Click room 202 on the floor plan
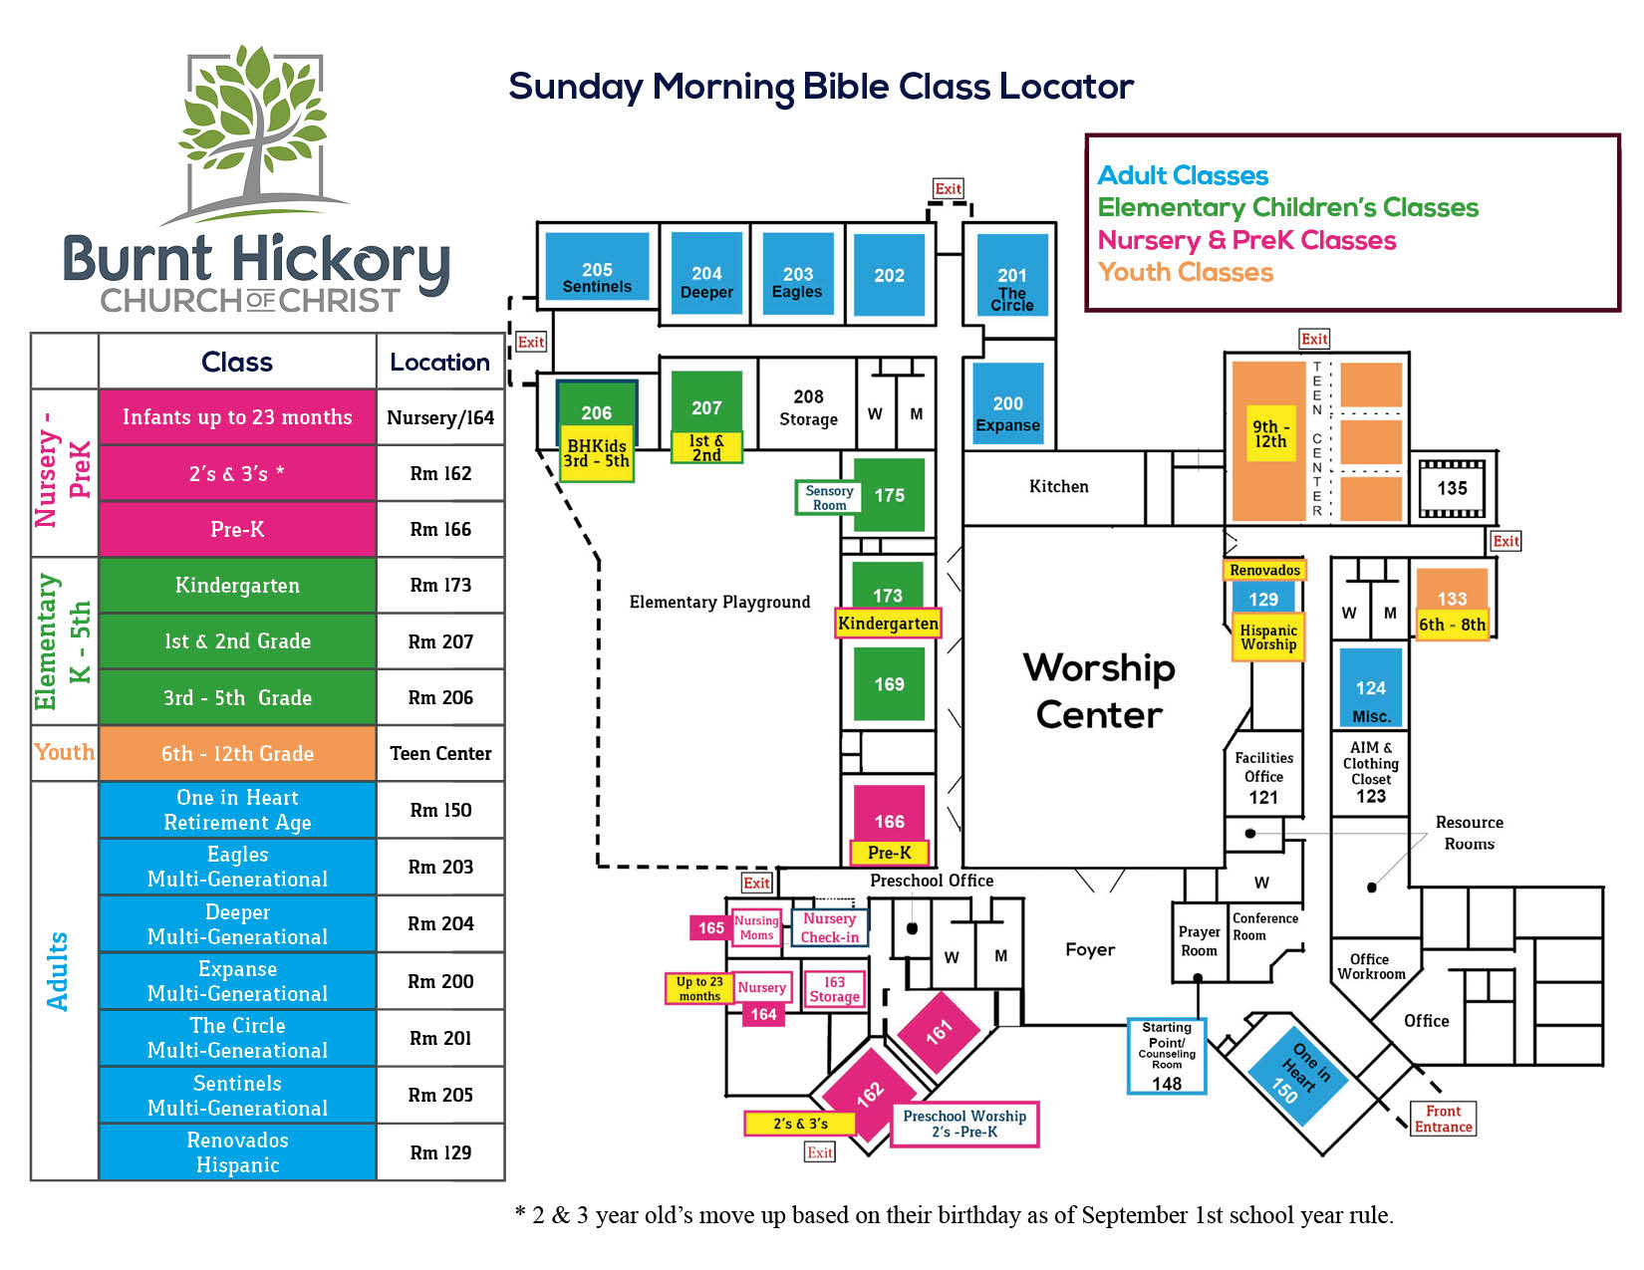click(888, 274)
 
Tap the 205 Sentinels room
click(596, 266)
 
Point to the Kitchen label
click(1058, 486)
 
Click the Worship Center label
click(1099, 690)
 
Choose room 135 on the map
click(1451, 488)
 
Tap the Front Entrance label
click(1442, 1118)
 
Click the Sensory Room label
click(828, 497)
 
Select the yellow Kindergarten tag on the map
click(888, 624)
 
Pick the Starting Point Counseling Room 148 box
click(1166, 1055)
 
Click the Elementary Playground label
click(718, 602)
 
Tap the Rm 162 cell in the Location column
click(440, 473)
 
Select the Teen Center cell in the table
click(440, 753)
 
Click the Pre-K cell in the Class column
click(237, 529)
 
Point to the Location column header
click(439, 362)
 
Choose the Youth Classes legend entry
click(1185, 272)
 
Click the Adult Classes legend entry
click(1183, 174)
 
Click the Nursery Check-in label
click(829, 927)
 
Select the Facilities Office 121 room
click(1262, 775)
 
